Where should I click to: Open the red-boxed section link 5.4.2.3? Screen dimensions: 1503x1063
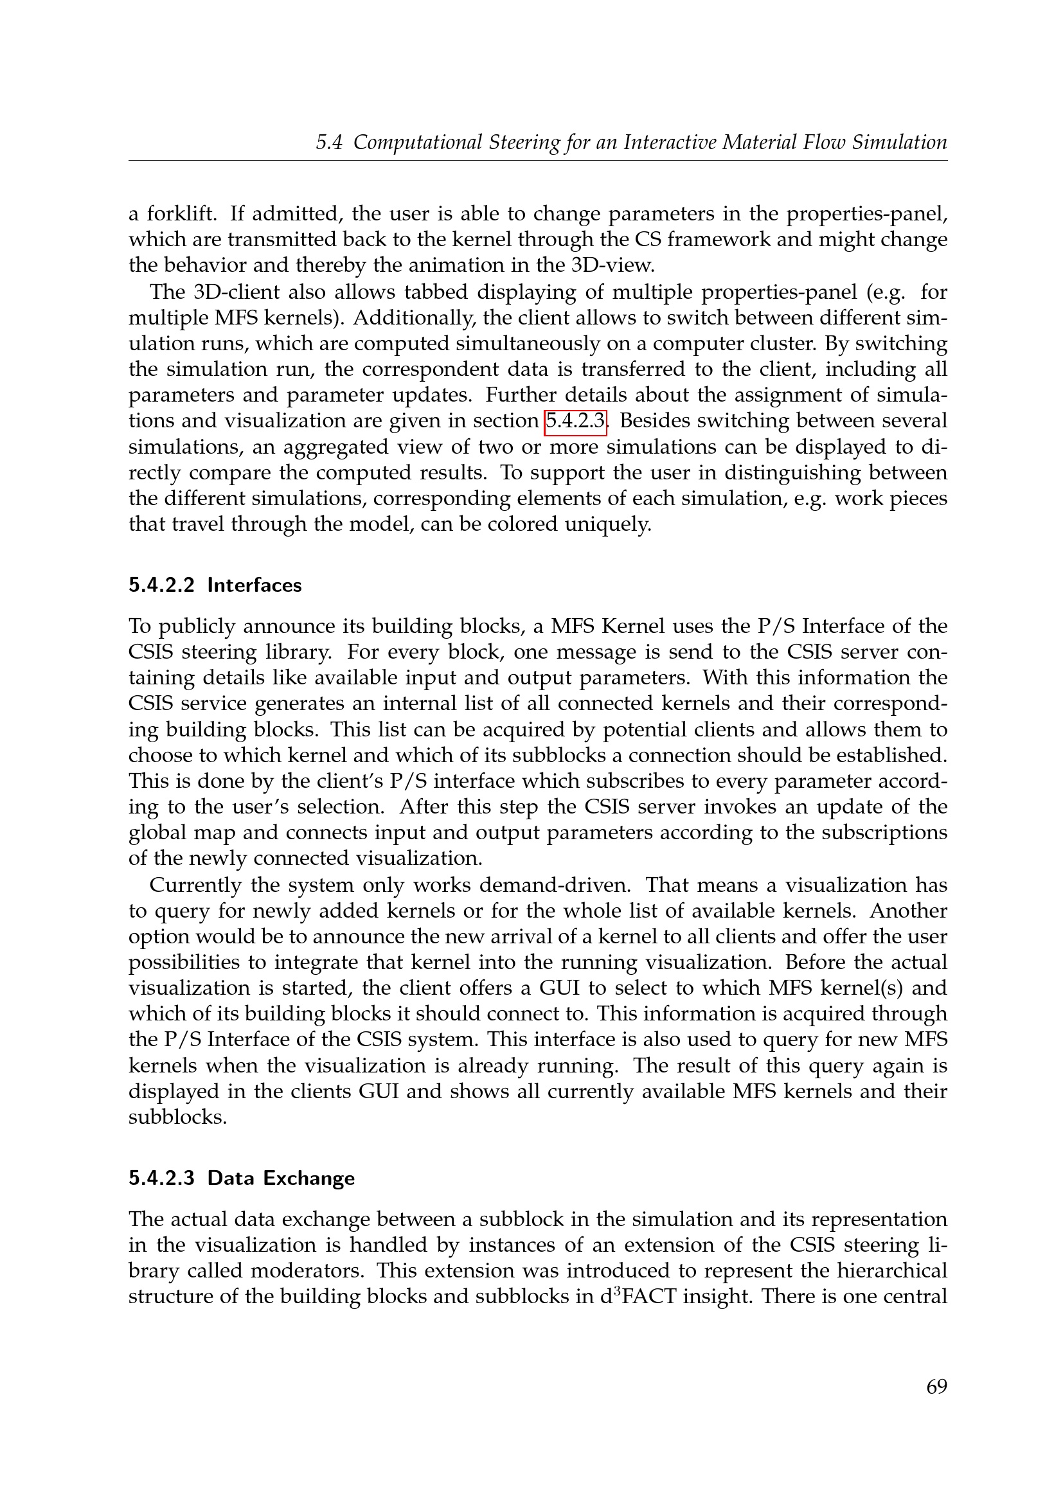tap(575, 421)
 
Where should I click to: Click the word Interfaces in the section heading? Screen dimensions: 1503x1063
tap(255, 585)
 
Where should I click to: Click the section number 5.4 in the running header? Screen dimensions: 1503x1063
tap(329, 143)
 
